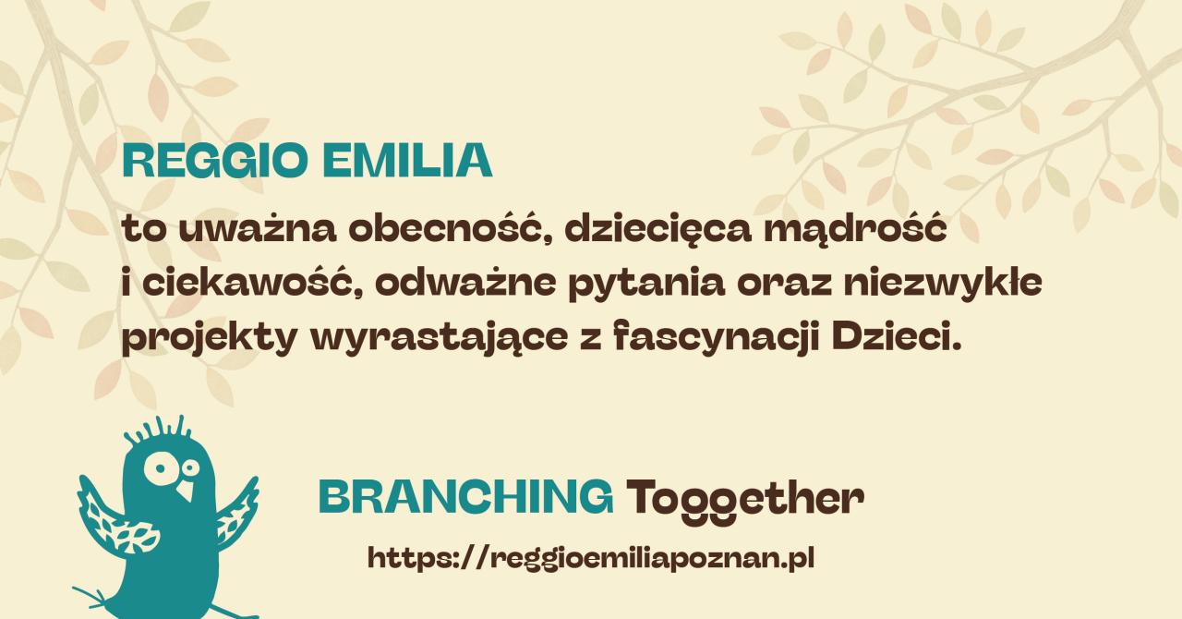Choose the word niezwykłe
tap(942, 283)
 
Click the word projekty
tap(209, 338)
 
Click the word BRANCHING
tap(466, 496)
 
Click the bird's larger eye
tap(159, 468)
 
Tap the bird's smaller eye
tap(189, 467)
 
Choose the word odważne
tap(465, 283)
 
